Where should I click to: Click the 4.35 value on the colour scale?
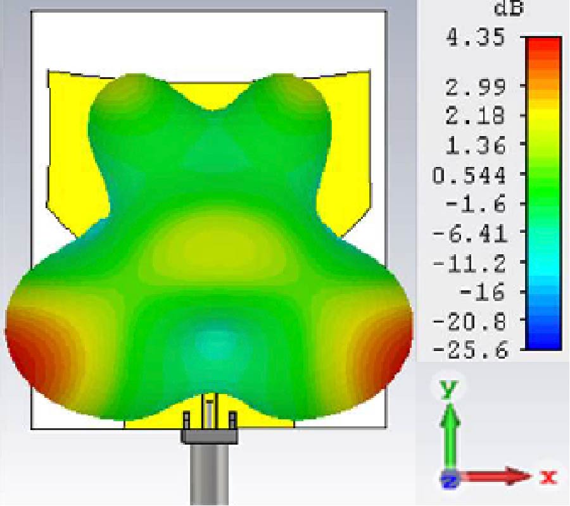tap(476, 38)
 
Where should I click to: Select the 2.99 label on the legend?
tap(476, 87)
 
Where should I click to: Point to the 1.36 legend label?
tap(476, 145)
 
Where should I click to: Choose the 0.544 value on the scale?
tap(469, 175)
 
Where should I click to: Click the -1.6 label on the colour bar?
tap(476, 204)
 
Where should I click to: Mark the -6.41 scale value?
tap(469, 233)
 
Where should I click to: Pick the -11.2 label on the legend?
tap(469, 262)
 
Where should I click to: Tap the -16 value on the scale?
tap(482, 292)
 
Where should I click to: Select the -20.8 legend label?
tap(469, 321)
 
